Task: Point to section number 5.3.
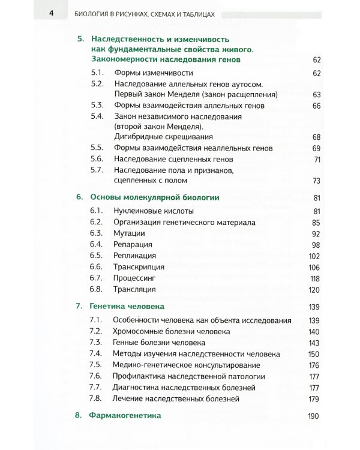[96, 106]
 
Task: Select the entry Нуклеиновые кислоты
[149, 211]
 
